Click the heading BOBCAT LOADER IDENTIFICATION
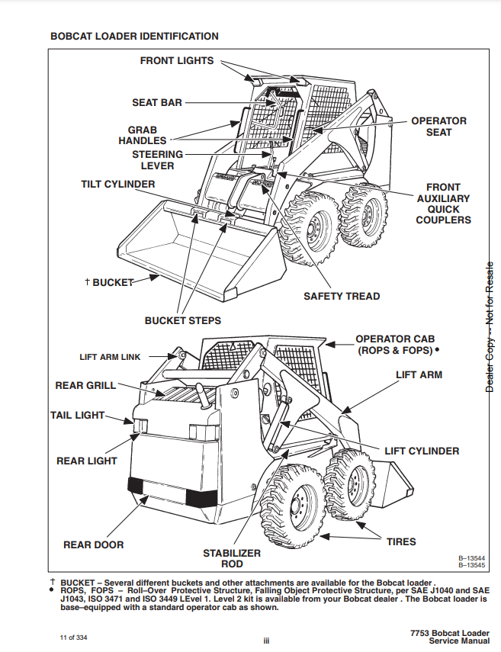134,36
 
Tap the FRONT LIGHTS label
177,60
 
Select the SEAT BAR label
157,102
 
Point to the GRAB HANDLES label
142,135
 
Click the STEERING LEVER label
158,160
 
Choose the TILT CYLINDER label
118,185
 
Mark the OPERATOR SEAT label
438,127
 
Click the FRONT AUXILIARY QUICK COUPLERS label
443,204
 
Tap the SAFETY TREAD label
342,296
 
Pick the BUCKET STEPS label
183,320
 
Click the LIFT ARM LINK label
110,357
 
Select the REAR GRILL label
85,385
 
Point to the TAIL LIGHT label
77,416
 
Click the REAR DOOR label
93,544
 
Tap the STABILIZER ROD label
232,558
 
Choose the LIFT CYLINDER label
422,451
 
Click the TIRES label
401,541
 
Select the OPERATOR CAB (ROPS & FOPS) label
395,345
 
